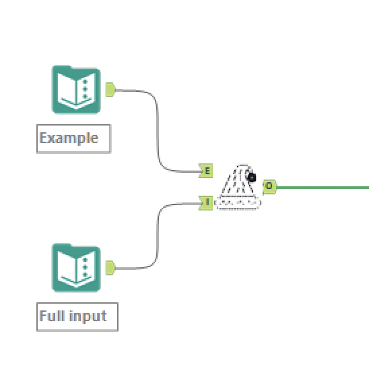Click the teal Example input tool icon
pyautogui.click(x=76, y=90)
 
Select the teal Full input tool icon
pyautogui.click(x=76, y=268)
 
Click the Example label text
pyautogui.click(x=69, y=138)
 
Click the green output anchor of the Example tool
pyautogui.click(x=110, y=90)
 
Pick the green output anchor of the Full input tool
pyautogui.click(x=110, y=268)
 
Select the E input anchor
pyautogui.click(x=206, y=171)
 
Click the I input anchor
pyautogui.click(x=206, y=202)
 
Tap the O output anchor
pyautogui.click(x=269, y=186)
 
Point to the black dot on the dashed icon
pyautogui.click(x=253, y=177)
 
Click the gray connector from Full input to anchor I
pyautogui.click(x=158, y=236)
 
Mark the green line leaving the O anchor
pyautogui.click(x=323, y=186)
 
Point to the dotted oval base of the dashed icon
pyautogui.click(x=238, y=203)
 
